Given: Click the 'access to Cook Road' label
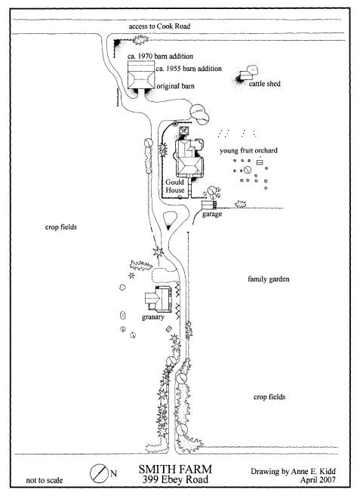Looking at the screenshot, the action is (159, 26).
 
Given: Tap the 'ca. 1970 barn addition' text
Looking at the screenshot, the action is (161, 57).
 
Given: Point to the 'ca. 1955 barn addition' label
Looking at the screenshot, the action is (189, 69).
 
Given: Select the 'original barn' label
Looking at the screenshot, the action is (176, 86).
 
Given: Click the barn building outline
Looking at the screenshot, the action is (141, 75).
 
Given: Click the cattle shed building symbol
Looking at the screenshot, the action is (246, 75).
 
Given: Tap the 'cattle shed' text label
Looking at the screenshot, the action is (265, 84).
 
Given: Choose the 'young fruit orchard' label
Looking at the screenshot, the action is (248, 150).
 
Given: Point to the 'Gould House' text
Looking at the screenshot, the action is (175, 186).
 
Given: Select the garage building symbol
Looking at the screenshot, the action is (209, 205).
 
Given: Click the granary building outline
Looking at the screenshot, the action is (158, 299).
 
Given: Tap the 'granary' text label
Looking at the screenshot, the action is (153, 317).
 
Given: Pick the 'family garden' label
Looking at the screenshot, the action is (269, 279).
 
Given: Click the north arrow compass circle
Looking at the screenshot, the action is (98, 473).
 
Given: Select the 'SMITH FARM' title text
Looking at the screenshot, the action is (175, 470).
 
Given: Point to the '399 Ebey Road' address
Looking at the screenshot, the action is (175, 479).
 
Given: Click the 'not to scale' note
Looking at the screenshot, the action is (45, 480).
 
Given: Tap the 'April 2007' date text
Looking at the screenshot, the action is (318, 480).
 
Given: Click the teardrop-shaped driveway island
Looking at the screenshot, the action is (169, 220).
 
